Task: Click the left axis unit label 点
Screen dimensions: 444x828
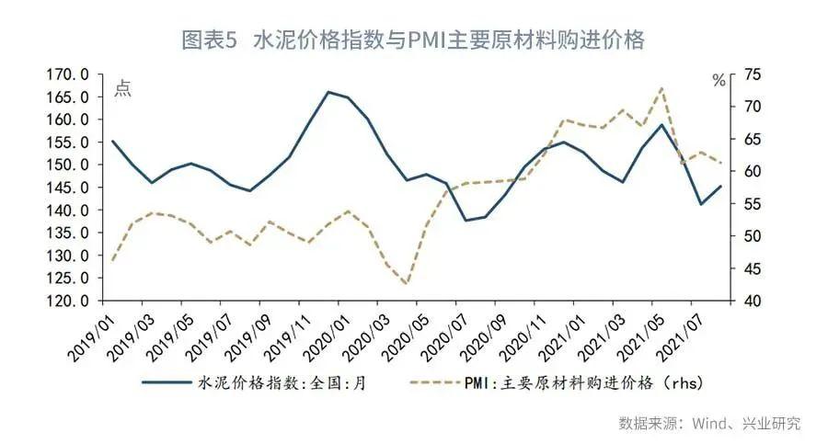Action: [122, 89]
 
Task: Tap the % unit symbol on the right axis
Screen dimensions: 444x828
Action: [719, 81]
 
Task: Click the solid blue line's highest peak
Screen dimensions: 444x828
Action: [328, 92]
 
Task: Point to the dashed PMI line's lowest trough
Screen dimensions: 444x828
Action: [406, 284]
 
